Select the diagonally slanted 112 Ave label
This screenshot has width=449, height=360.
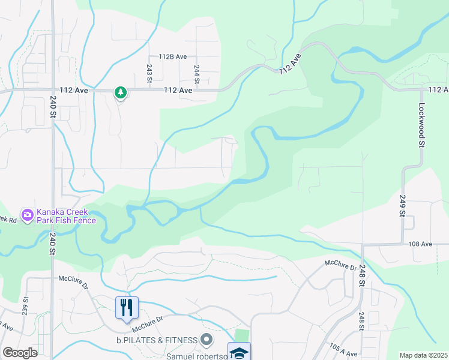pyautogui.click(x=289, y=62)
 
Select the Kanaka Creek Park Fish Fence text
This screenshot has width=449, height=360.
pyautogui.click(x=66, y=216)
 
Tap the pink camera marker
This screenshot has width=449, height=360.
pyautogui.click(x=26, y=215)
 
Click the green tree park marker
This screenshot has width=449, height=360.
pyautogui.click(x=121, y=92)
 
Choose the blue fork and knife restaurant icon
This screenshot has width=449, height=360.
pyautogui.click(x=127, y=307)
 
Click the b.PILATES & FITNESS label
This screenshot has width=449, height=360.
pyautogui.click(x=157, y=340)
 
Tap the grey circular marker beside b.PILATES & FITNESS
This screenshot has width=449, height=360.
pyautogui.click(x=206, y=340)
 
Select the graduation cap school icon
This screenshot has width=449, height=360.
pyautogui.click(x=238, y=352)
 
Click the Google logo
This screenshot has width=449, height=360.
pyautogui.click(x=20, y=353)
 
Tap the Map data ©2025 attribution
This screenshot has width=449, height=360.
pyautogui.click(x=424, y=355)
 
